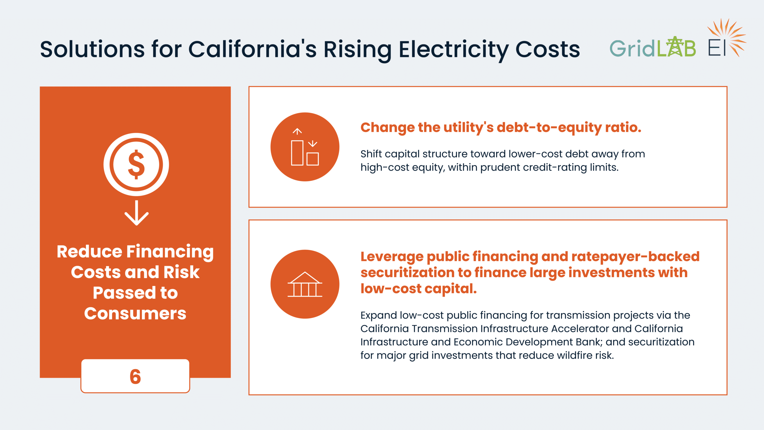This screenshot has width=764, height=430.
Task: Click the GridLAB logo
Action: [x=653, y=47]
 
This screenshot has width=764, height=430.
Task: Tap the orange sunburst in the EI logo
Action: [x=727, y=37]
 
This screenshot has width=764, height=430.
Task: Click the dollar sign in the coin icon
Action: [x=136, y=165]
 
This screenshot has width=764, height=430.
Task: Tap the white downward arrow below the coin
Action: [x=136, y=213]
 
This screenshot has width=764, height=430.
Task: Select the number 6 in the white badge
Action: [x=135, y=376]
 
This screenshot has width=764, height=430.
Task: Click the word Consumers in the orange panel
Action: [x=135, y=314]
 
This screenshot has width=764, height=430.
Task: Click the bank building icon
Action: [x=305, y=284]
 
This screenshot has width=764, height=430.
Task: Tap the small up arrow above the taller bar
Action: [x=297, y=131]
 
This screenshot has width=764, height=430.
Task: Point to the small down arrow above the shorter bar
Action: [x=312, y=144]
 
